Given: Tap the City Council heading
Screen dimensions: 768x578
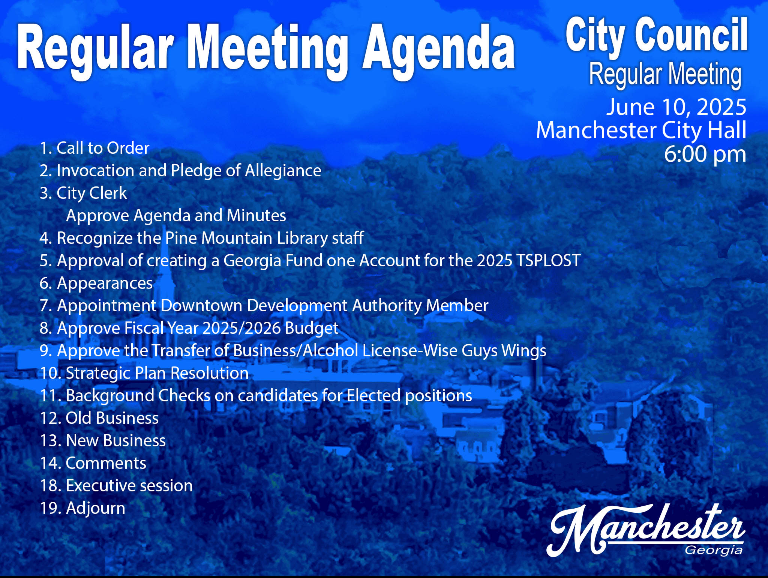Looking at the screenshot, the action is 657,36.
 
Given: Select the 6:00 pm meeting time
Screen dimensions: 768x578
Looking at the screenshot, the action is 705,154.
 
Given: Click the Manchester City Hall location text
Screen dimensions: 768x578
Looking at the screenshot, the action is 641,130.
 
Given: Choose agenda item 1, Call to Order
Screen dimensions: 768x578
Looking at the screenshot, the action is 94,148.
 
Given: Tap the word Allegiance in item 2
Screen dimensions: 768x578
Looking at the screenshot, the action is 283,171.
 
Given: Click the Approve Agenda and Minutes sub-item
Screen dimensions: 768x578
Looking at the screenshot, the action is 176,216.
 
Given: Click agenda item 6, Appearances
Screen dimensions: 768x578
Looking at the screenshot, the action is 96,284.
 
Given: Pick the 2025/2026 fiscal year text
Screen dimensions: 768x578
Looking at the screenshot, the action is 241,328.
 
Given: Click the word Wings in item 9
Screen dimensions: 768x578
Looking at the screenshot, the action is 524,351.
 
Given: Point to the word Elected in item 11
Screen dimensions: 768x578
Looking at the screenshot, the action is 373,395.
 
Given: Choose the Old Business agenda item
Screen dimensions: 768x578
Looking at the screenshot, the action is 99,418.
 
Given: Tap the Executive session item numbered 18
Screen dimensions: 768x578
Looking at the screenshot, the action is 116,485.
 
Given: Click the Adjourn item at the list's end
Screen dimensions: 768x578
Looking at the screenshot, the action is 82,509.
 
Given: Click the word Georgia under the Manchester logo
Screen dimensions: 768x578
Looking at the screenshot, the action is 714,551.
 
